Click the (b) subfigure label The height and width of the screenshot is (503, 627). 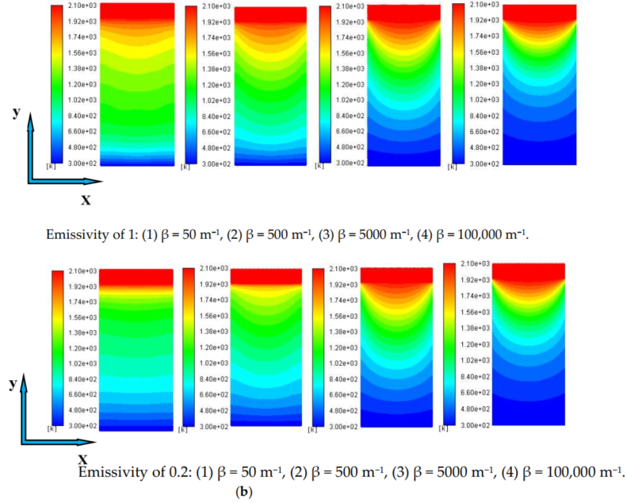[x=244, y=492]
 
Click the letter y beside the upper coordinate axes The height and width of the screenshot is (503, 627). [x=16, y=112]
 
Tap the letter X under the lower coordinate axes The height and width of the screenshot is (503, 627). [x=82, y=459]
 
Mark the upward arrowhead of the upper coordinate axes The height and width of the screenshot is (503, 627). [x=32, y=119]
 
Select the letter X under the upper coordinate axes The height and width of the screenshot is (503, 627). [x=86, y=199]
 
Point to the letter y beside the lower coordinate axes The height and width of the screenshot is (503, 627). [x=13, y=383]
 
